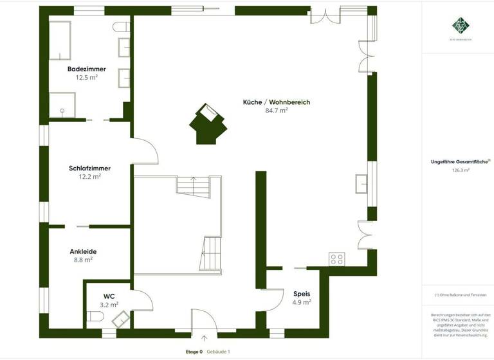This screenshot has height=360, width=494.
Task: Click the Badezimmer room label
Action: (x=86, y=69)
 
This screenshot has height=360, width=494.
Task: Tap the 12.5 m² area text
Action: (x=86, y=77)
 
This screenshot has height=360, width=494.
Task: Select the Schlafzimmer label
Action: (x=89, y=168)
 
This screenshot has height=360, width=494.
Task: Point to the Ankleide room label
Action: (x=83, y=251)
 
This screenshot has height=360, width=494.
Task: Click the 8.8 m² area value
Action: (x=83, y=260)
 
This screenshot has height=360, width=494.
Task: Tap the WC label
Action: (x=109, y=296)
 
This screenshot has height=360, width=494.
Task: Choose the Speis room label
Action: (x=302, y=293)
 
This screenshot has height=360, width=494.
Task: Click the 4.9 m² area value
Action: (x=302, y=301)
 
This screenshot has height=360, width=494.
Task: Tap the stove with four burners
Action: (x=337, y=258)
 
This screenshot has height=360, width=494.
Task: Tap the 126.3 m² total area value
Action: (x=461, y=170)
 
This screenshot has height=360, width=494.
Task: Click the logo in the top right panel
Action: (x=461, y=26)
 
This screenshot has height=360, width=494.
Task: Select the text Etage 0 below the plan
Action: (x=194, y=352)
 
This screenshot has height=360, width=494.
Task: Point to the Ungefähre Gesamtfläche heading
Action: (x=460, y=162)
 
